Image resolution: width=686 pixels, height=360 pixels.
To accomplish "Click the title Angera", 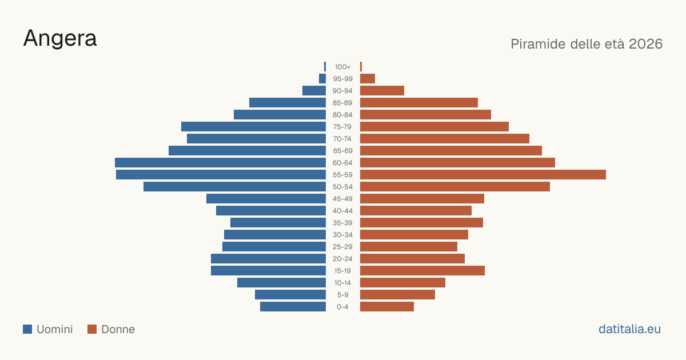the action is pos(60,39).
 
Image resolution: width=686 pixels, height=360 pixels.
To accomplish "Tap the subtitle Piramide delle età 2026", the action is pos(587,44).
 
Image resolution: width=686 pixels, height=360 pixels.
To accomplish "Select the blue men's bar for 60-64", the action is pos(220,162).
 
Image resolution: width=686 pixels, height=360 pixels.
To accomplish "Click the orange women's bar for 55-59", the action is pos(483,174).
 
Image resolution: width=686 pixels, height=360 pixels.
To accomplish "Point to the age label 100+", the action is pos(342,67).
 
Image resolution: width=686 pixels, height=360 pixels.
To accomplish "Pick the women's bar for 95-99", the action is pos(368,79).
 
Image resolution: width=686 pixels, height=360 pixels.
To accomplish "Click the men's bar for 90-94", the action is pos(314,91).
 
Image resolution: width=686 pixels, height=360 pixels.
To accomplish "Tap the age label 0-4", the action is pos(342,307).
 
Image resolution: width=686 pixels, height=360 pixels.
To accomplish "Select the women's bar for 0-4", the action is pos(387,307).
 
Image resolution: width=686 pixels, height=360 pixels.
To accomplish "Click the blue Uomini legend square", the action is pos(27,329).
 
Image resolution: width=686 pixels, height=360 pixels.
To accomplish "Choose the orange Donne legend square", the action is pos(92,329).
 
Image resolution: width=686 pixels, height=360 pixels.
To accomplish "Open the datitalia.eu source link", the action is pos(629,329).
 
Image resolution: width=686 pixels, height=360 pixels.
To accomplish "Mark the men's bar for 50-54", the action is pos(234,187).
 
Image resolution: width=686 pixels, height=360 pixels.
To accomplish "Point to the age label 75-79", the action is pos(342,127).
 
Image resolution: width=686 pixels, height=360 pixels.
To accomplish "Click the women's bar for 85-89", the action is pos(419,102).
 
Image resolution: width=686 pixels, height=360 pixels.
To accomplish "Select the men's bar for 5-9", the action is pos(290,295).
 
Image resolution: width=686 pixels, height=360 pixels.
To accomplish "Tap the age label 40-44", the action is pos(342,211).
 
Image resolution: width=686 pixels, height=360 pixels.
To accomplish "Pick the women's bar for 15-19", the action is pos(422,271).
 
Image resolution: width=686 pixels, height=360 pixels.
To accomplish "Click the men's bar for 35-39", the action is pos(278,222).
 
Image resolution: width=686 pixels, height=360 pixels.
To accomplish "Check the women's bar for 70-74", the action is pos(445,139).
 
